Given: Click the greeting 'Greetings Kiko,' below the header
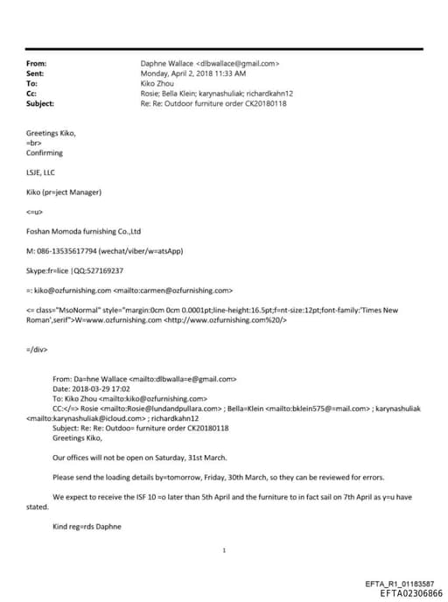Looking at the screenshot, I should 51,132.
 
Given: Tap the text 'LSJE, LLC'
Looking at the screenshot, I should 40,172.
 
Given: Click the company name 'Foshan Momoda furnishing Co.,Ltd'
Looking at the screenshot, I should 83,231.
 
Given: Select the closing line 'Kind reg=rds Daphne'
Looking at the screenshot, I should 88,527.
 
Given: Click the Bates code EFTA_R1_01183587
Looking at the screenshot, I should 398,584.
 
